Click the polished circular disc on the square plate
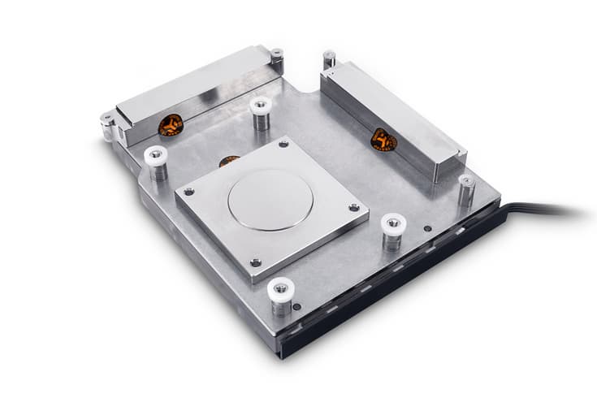click(269, 198)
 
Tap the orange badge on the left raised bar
click(170, 126)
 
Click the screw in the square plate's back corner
click(283, 145)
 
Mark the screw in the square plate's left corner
click(188, 192)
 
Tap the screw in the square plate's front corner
click(257, 262)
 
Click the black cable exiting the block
click(552, 212)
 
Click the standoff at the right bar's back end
click(329, 58)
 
